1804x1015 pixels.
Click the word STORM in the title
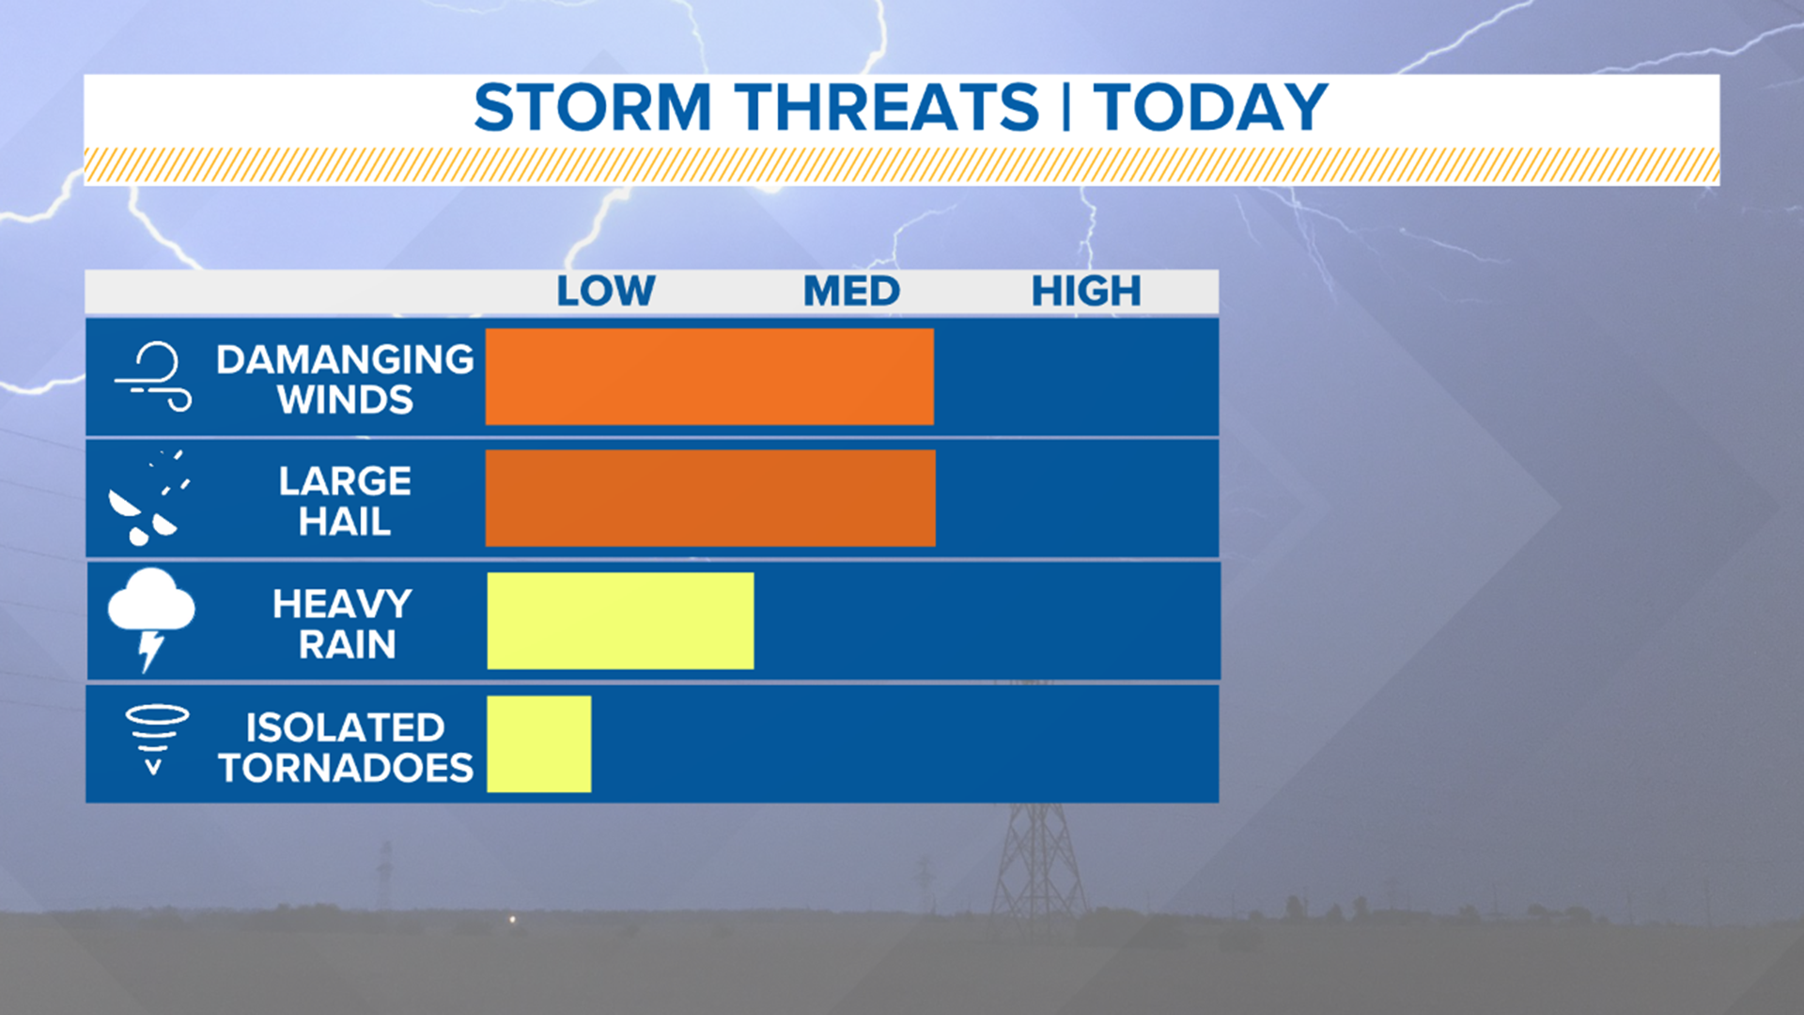click(592, 107)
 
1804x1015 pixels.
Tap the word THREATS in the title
click(887, 107)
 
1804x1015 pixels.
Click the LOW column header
click(605, 291)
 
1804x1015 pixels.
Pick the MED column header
click(851, 291)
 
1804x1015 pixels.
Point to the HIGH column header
click(1086, 291)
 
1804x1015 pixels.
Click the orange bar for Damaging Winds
click(709, 376)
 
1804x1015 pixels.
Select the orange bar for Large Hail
click(710, 498)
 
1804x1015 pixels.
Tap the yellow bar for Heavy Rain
click(620, 620)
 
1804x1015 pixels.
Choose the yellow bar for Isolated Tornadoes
click(538, 743)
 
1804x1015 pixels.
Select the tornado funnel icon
click(156, 739)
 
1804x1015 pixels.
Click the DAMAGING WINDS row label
click(345, 379)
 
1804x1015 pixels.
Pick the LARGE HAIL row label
click(345, 501)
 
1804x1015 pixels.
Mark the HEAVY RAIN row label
click(344, 623)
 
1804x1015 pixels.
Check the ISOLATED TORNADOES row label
click(345, 747)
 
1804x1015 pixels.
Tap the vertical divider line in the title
click(1066, 107)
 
